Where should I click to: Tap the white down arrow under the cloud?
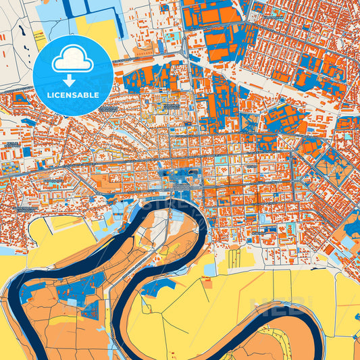(x=72, y=80)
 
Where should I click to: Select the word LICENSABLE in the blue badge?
(x=72, y=95)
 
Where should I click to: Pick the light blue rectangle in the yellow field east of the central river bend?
(x=211, y=268)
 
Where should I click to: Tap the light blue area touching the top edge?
(x=95, y=5)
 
